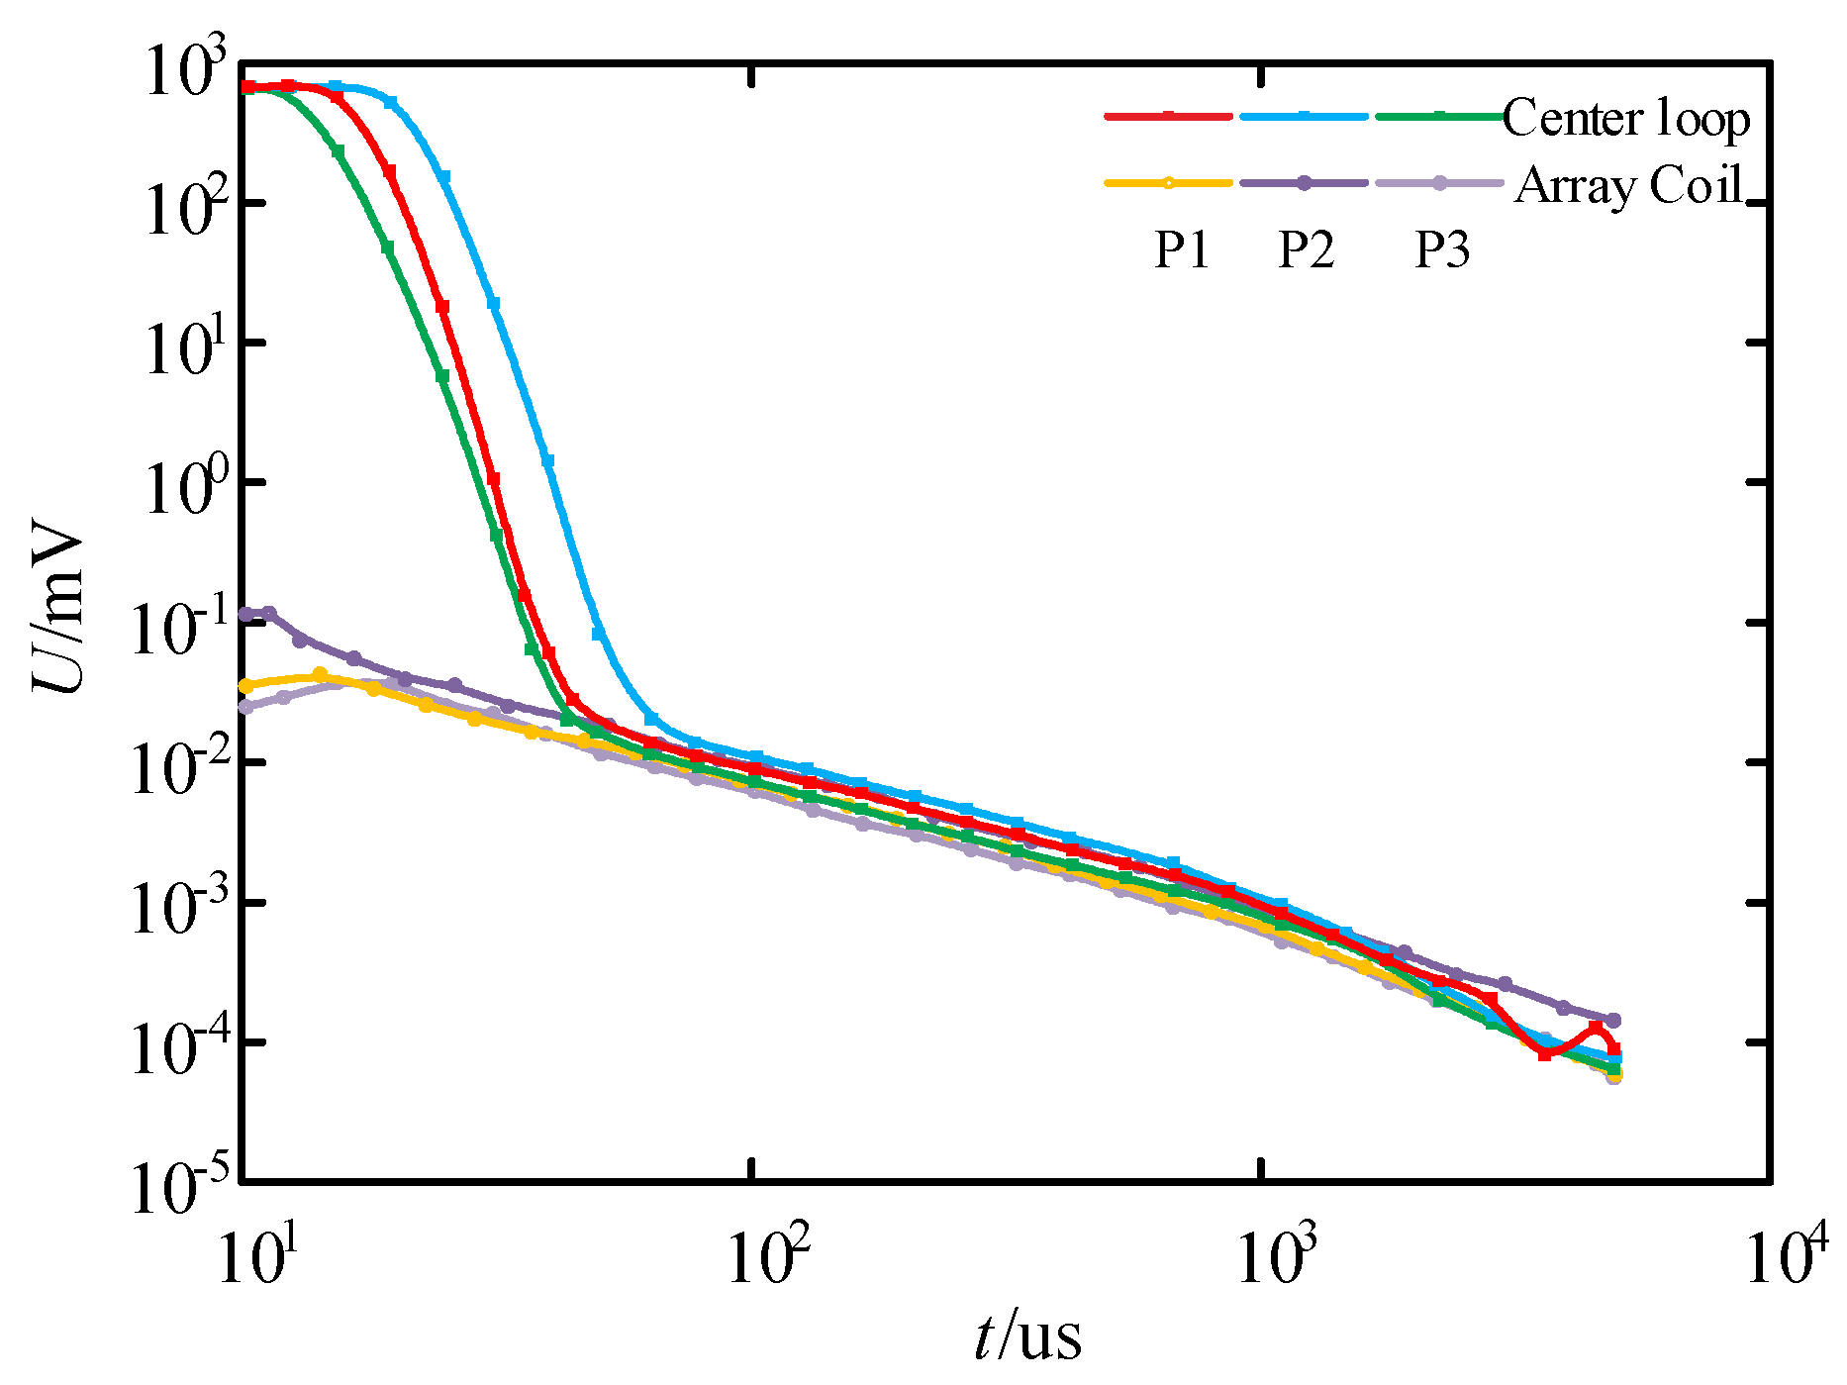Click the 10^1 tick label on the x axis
[x=250, y=1258]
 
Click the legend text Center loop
[x=1625, y=119]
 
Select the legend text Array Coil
[x=1628, y=185]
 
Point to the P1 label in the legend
[x=1182, y=249]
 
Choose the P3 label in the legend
[x=1441, y=249]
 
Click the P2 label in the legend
[x=1306, y=249]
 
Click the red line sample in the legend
[x=1168, y=116]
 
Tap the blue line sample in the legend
[x=1304, y=116]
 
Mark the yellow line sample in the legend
[x=1168, y=182]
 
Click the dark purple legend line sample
[x=1304, y=182]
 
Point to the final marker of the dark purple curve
[x=1613, y=1021]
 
